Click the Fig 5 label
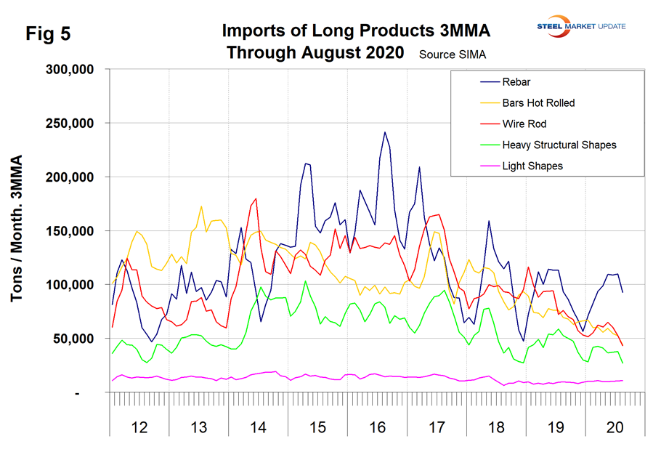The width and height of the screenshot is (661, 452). (x=48, y=34)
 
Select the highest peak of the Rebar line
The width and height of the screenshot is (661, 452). (x=385, y=132)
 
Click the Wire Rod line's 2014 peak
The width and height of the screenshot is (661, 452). (x=256, y=198)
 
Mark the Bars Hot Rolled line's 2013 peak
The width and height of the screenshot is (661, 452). (x=201, y=207)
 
